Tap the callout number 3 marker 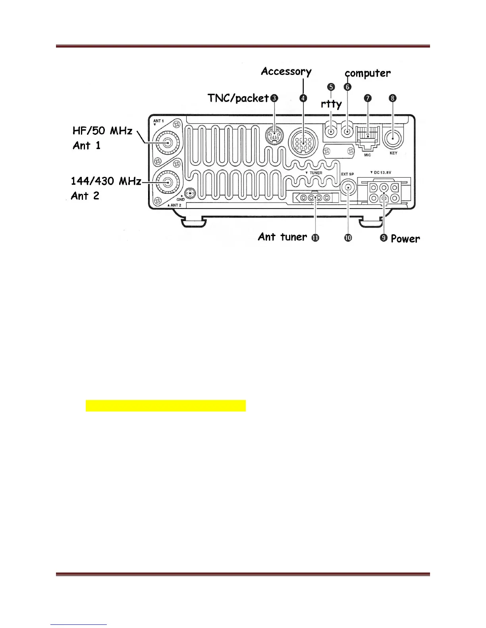[274, 98]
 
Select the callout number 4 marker [303, 98]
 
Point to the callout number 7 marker [368, 98]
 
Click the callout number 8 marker [393, 98]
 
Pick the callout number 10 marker [348, 238]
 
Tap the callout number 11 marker [315, 238]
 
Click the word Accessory [286, 72]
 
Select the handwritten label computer [368, 73]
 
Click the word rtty [331, 104]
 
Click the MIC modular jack [368, 137]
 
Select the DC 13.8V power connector [384, 192]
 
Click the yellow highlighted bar [166, 406]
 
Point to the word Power [405, 239]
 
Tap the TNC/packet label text [238, 98]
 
